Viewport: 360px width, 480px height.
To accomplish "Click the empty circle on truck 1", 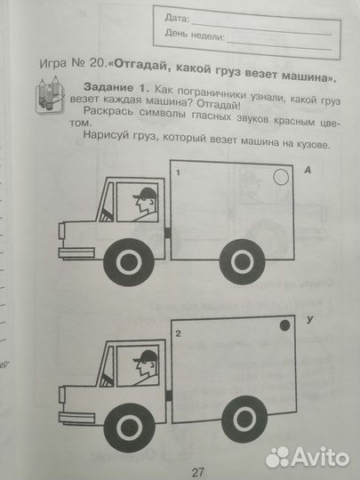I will pyautogui.click(x=280, y=179).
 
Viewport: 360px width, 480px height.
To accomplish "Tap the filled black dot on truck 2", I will pyautogui.click(x=284, y=327).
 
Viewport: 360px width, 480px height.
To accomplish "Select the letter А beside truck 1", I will pyautogui.click(x=307, y=169).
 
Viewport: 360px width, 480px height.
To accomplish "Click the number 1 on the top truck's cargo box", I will pyautogui.click(x=179, y=171).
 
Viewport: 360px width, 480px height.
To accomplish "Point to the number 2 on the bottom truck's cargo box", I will pyautogui.click(x=179, y=333).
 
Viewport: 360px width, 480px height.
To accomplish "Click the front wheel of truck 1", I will pyautogui.click(x=129, y=262).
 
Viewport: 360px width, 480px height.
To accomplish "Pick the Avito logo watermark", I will pyautogui.click(x=306, y=456).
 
